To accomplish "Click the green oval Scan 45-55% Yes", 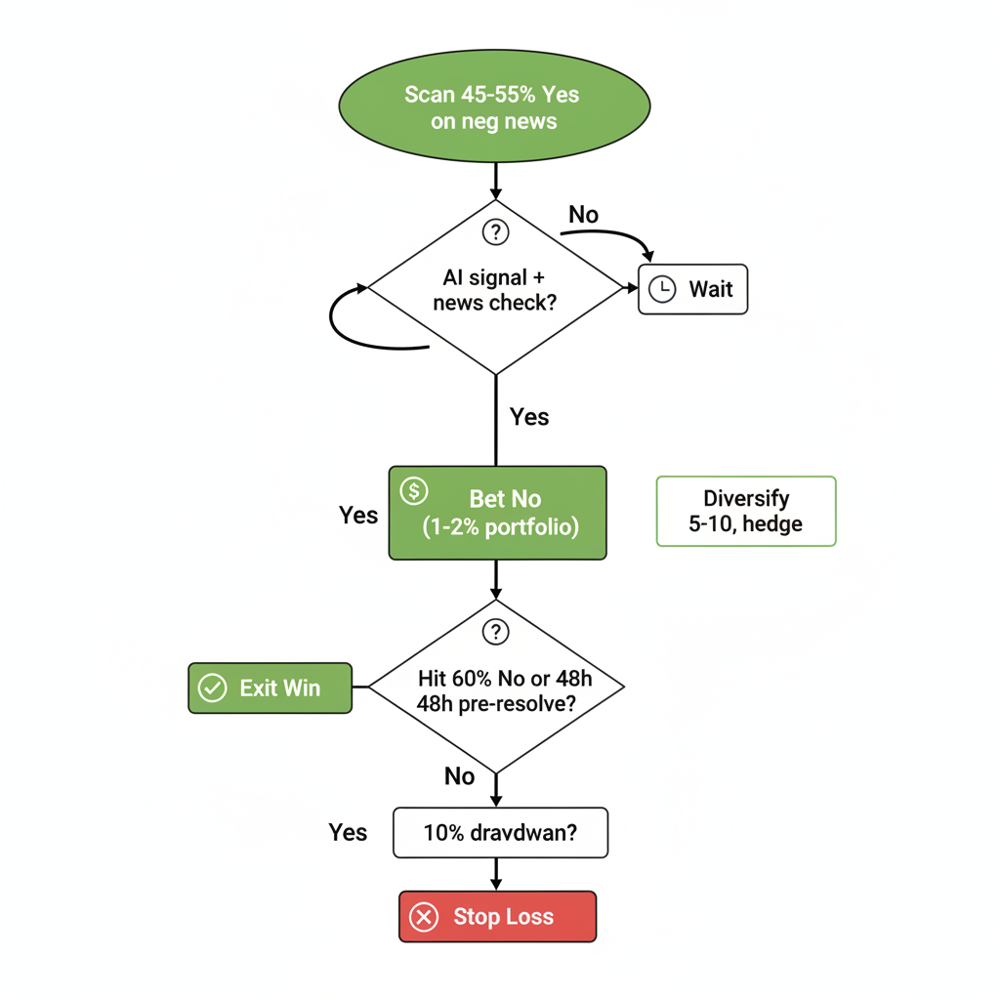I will [494, 107].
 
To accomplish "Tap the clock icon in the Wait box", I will [662, 289].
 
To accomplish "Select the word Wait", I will [711, 289].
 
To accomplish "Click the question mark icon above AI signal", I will [496, 232].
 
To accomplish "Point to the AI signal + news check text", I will [494, 290].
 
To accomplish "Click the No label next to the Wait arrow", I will [583, 214].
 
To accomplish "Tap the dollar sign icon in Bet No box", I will [414, 490].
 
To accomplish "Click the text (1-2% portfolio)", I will [501, 527].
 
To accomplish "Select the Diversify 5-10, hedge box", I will [746, 511].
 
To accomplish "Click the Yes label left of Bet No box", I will [358, 515].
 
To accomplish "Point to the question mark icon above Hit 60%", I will [496, 632].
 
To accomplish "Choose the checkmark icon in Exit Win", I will [212, 688].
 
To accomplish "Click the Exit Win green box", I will [270, 688].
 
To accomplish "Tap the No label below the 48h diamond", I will [459, 776].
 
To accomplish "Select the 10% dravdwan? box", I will [500, 833].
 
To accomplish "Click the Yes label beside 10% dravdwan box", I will [348, 833].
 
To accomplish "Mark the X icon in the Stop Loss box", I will [423, 917].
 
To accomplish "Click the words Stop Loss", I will [503, 917].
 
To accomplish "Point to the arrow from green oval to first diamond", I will [496, 180].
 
